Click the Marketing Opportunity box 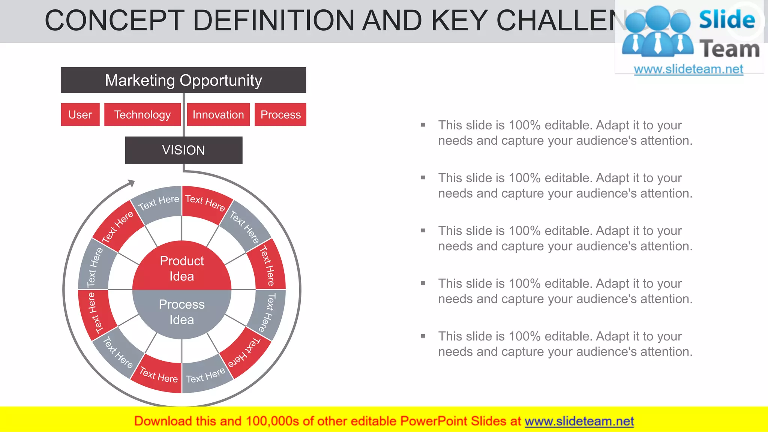coord(183,80)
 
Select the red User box coord(80,114)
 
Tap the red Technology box coord(142,114)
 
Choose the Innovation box coord(218,114)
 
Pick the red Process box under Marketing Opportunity coord(280,114)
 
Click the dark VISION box coord(183,150)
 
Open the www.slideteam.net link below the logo coord(688,69)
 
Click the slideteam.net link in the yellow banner coord(579,421)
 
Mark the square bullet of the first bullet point coord(423,125)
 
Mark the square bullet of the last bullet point coord(423,336)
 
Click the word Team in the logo coord(729,49)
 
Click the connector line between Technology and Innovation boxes coord(184,114)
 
